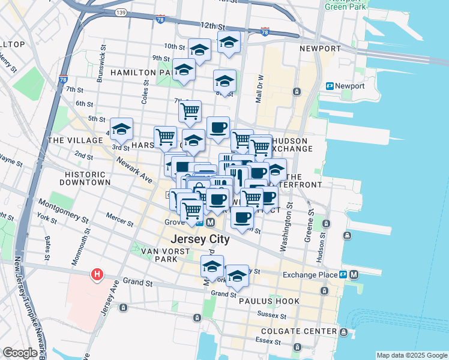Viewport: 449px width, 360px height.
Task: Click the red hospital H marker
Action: pos(96,275)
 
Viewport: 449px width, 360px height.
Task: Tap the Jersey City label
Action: pos(200,239)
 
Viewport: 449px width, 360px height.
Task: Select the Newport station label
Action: pos(350,86)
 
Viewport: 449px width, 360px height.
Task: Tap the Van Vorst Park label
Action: pos(158,255)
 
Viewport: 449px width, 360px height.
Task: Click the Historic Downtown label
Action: pos(87,178)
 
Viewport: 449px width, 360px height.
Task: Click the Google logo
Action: pos(20,353)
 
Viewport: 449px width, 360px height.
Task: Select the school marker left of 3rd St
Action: pos(121,129)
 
